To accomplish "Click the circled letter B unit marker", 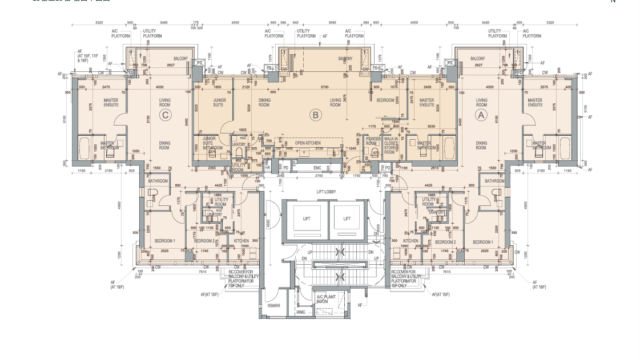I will pyautogui.click(x=316, y=116).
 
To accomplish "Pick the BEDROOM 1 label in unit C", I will pyautogui.click(x=164, y=242).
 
